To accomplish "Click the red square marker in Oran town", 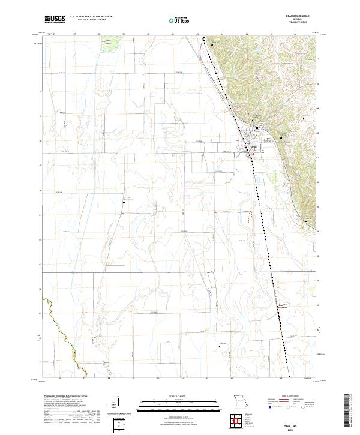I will [253, 154].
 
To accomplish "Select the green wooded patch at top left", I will [109, 46].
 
